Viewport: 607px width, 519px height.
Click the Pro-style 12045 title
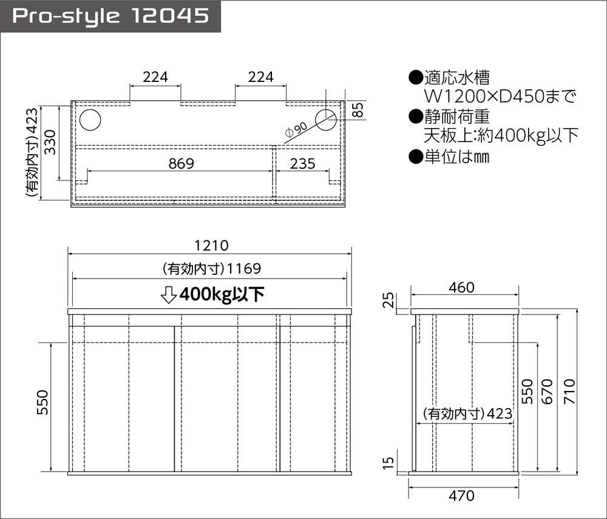110,16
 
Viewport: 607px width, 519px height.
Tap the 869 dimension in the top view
181,163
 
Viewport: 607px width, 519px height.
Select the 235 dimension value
302,163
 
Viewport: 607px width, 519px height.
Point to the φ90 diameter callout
296,130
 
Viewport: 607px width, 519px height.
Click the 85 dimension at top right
358,110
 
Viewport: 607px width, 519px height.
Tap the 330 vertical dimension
50,142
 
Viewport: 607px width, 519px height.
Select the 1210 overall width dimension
211,245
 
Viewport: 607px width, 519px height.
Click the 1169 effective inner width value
243,268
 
